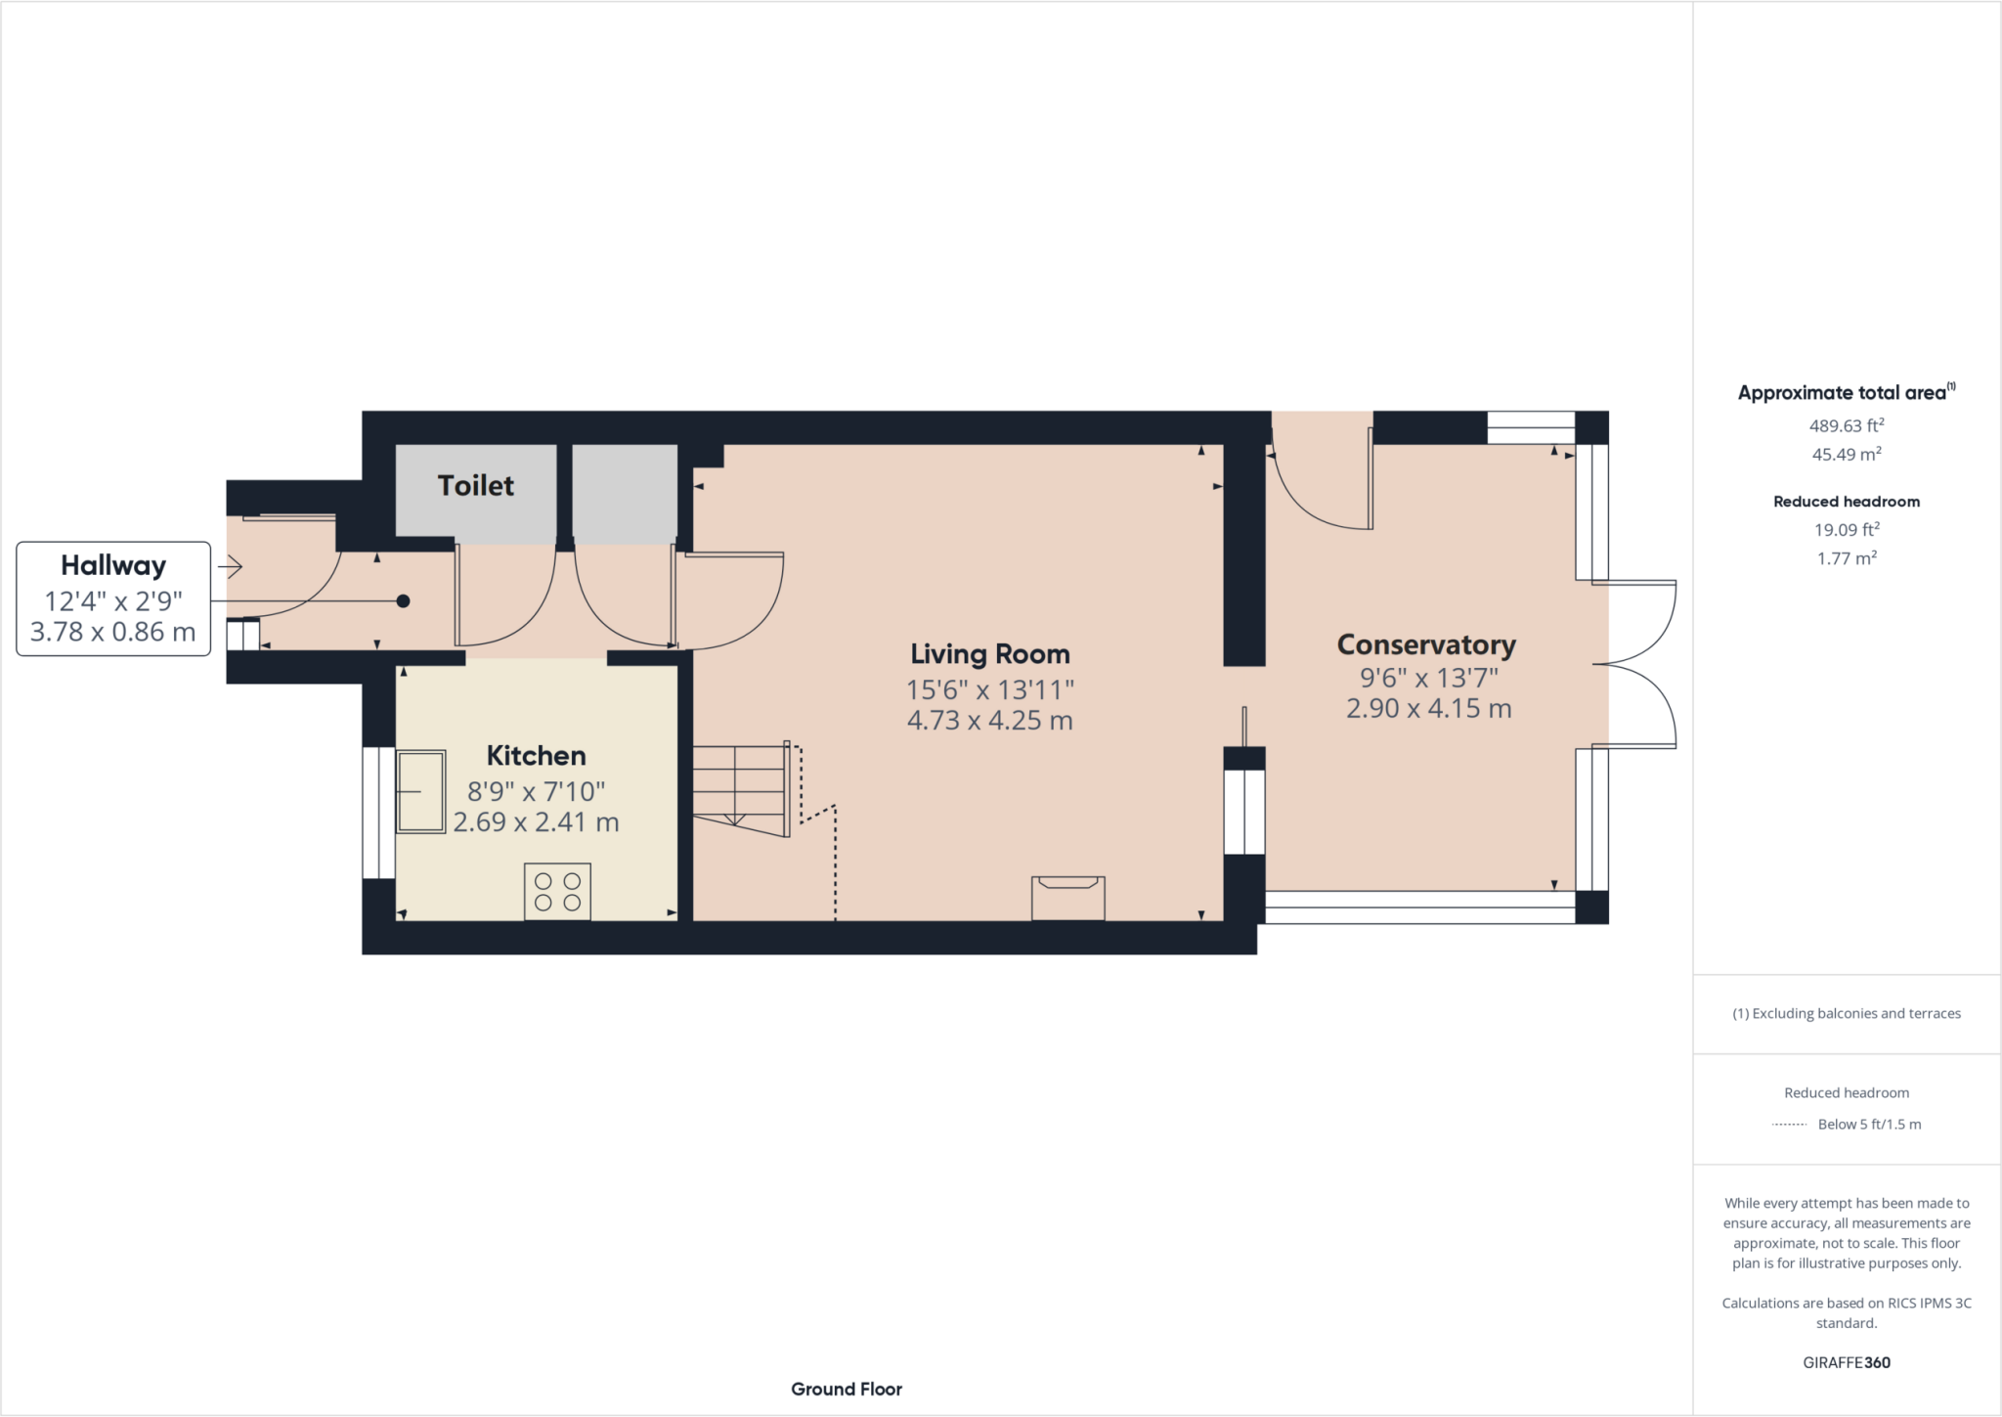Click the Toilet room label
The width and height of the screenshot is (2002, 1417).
pyautogui.click(x=475, y=485)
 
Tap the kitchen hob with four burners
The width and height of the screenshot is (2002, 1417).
pyautogui.click(x=557, y=891)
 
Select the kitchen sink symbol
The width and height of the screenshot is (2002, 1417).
pyautogui.click(x=420, y=791)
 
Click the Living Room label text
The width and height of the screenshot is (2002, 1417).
pyautogui.click(x=989, y=654)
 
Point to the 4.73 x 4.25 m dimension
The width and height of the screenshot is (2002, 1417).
pyautogui.click(x=989, y=721)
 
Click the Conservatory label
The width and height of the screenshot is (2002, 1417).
pyautogui.click(x=1425, y=645)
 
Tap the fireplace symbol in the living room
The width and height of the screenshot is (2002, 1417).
pyautogui.click(x=1067, y=897)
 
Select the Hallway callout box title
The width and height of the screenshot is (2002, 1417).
pyautogui.click(x=113, y=565)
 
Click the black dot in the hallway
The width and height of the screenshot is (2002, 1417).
pyautogui.click(x=403, y=601)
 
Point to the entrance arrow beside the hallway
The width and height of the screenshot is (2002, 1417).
pyautogui.click(x=231, y=566)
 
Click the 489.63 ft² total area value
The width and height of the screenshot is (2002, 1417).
pyautogui.click(x=1846, y=425)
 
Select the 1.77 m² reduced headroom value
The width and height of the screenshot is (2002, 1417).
pyautogui.click(x=1846, y=558)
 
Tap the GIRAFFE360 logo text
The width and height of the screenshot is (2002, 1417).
pyautogui.click(x=1846, y=1362)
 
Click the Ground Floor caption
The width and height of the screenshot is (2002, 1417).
pyautogui.click(x=846, y=1389)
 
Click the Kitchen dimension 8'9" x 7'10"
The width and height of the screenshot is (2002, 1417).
pyautogui.click(x=536, y=791)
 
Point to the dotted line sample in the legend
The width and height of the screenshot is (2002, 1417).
pyautogui.click(x=1789, y=1125)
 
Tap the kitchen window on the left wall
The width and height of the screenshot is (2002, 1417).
pyautogui.click(x=378, y=813)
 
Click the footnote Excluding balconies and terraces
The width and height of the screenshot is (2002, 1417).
pyautogui.click(x=1846, y=1013)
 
